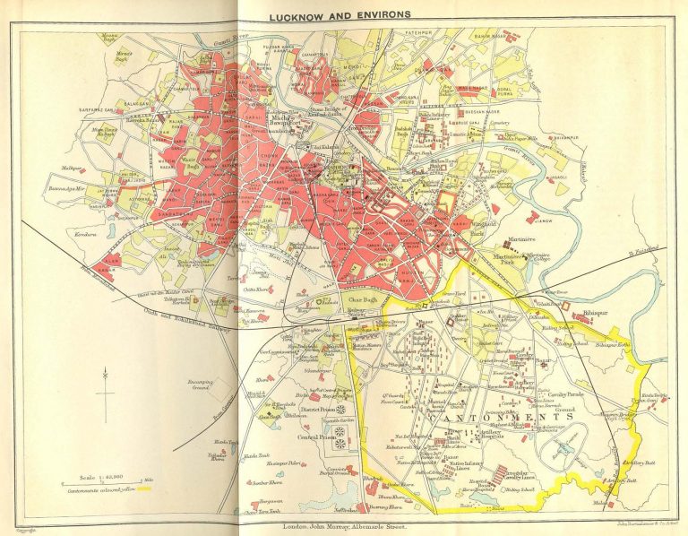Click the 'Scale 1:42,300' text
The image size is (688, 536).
pos(94,478)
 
